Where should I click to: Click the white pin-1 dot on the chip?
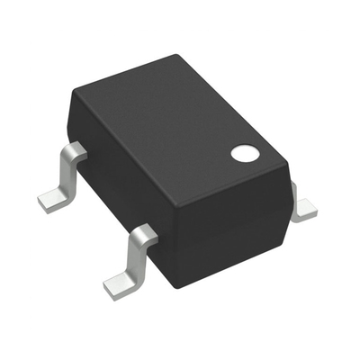pos(243,153)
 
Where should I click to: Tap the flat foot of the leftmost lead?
pos(53,198)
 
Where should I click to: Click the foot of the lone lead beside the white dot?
pos(306,211)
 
